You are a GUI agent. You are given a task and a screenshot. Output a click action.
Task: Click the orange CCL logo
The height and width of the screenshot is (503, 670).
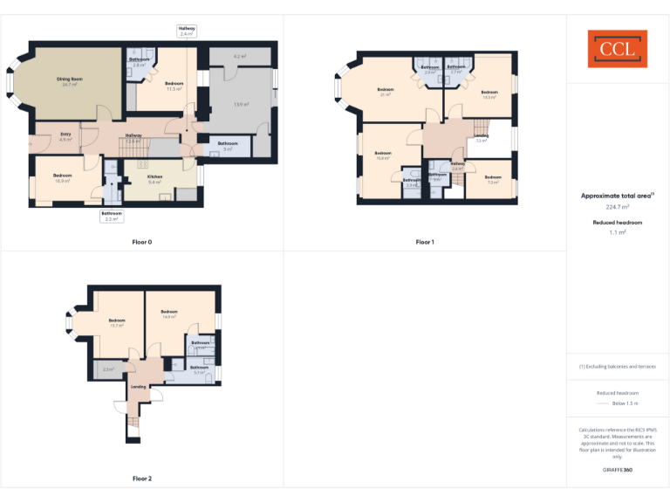pos(617,49)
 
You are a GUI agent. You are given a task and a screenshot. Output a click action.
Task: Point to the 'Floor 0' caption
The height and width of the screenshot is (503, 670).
pos(142,241)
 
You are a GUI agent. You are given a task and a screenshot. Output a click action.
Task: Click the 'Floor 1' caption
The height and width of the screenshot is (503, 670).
pos(425,241)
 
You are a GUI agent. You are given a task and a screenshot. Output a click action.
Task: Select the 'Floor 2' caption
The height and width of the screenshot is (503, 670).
pos(142,479)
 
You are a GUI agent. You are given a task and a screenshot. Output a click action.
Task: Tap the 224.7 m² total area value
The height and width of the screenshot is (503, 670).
pos(617,208)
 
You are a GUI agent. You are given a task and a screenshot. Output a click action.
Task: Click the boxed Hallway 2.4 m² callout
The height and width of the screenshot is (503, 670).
pos(188,31)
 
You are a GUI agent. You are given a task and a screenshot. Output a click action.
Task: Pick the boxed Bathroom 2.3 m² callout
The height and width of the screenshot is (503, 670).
pos(112,216)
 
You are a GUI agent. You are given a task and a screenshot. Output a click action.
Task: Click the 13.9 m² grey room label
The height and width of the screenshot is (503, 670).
pos(241,104)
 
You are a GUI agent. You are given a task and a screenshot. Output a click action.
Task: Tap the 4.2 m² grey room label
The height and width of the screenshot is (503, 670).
pos(240,57)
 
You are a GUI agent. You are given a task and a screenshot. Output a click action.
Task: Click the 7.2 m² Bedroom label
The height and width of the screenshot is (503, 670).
pos(493,179)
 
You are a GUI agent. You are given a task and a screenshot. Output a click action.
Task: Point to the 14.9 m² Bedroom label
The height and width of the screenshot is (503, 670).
pos(169,314)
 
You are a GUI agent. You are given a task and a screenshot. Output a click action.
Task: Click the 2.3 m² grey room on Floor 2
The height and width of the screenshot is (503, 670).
pos(108,369)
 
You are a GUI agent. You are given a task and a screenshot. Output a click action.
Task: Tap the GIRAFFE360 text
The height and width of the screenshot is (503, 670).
pos(617,470)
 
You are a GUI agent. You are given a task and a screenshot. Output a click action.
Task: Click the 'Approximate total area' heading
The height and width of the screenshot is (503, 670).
pos(617,196)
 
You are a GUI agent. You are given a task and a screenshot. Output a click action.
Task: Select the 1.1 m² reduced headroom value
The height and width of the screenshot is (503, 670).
pos(617,233)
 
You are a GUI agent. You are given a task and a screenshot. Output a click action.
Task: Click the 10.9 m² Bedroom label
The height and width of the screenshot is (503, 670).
pos(62,177)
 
